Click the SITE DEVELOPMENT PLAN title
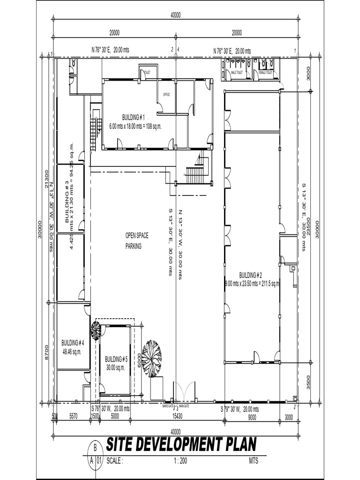tap(181, 445)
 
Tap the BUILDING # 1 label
tap(134, 117)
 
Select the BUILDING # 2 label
tap(250, 275)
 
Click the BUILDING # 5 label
tap(116, 359)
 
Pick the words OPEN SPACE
tap(136, 236)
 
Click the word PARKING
tap(133, 246)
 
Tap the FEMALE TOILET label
tap(266, 73)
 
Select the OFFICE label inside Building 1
tap(166, 95)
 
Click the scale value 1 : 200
tap(180, 461)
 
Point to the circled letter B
tap(96, 447)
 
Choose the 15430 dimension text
tap(177, 416)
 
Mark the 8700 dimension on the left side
tap(46, 352)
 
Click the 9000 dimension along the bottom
tap(252, 416)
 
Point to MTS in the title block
tap(254, 461)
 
